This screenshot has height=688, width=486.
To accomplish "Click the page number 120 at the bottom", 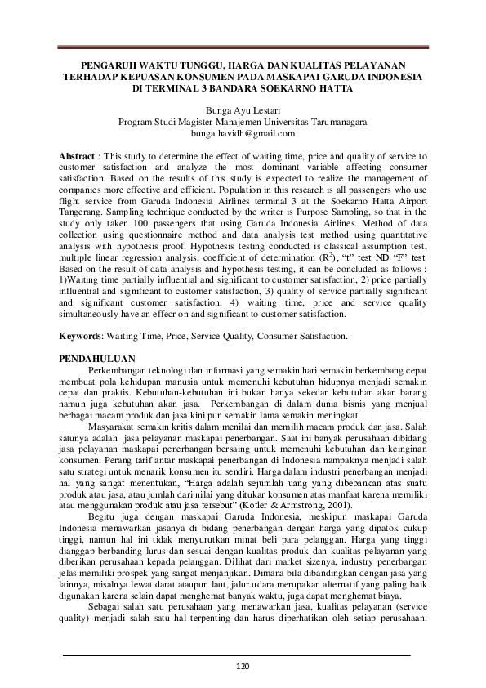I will click(x=243, y=666).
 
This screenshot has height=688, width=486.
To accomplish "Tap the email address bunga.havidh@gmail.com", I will click(x=243, y=133).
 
